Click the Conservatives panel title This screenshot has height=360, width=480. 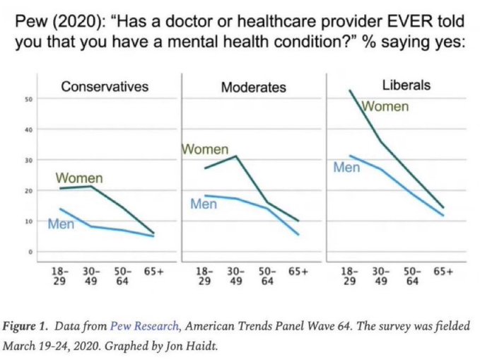105,87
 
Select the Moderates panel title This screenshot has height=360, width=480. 253,88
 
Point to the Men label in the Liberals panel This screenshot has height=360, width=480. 347,168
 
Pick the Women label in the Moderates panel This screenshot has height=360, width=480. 205,150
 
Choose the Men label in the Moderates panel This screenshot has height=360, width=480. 204,204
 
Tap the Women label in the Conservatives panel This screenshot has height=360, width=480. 79,178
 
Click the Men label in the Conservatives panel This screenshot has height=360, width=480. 62,224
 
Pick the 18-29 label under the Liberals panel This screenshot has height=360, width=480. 348,276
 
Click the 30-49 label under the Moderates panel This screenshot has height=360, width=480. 235,276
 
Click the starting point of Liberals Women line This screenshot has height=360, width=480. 350,91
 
